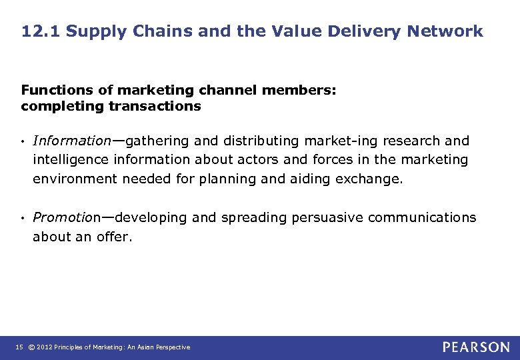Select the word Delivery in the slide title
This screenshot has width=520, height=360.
(360, 31)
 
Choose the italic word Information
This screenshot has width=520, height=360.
(71, 141)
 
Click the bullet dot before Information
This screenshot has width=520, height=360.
(23, 141)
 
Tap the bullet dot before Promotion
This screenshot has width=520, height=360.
(23, 218)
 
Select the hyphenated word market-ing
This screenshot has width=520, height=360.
(337, 141)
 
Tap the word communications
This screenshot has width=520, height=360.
(422, 217)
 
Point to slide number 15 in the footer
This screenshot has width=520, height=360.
(19, 347)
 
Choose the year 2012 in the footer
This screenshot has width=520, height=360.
(45, 347)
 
